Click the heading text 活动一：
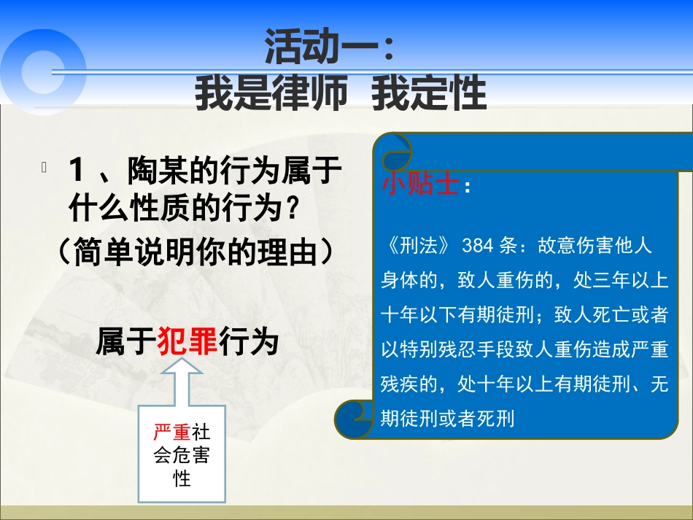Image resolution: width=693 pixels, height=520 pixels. tap(330, 49)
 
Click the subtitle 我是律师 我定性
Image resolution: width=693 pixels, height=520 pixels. tap(340, 93)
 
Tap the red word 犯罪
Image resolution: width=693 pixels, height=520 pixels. tap(187, 341)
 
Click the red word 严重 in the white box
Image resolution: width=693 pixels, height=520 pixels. tap(171, 432)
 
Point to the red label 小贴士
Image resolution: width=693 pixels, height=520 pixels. tap(420, 185)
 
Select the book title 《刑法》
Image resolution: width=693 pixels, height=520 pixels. tap(419, 246)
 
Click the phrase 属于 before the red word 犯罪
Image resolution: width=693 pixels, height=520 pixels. tap(125, 341)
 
